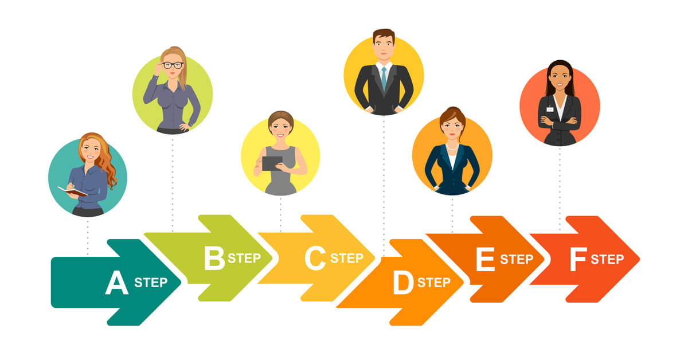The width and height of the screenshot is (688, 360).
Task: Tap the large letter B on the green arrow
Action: click(x=214, y=259)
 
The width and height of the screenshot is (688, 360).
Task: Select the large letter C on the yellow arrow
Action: click(x=315, y=259)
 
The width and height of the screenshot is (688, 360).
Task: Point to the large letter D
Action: click(x=403, y=283)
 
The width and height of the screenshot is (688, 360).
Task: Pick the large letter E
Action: click(x=485, y=260)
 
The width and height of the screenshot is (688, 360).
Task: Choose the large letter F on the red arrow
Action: click(x=578, y=260)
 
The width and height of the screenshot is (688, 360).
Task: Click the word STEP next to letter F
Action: click(x=607, y=260)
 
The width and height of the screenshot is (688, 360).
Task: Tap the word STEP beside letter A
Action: click(x=151, y=283)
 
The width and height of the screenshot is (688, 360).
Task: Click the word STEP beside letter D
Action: click(x=434, y=283)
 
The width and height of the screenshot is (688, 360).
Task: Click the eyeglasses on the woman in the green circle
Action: click(x=173, y=65)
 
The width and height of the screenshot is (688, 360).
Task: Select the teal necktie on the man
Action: click(x=384, y=77)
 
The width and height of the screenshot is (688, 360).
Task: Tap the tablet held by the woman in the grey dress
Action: click(x=272, y=163)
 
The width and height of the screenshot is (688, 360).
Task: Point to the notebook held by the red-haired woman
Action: click(x=72, y=191)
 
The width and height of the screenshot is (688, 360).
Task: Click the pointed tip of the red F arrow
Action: click(x=638, y=259)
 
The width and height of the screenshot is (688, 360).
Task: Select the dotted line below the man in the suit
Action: click(x=384, y=183)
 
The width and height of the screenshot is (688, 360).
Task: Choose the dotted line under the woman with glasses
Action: click(x=173, y=183)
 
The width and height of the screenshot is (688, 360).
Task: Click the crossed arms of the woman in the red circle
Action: click(x=560, y=121)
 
